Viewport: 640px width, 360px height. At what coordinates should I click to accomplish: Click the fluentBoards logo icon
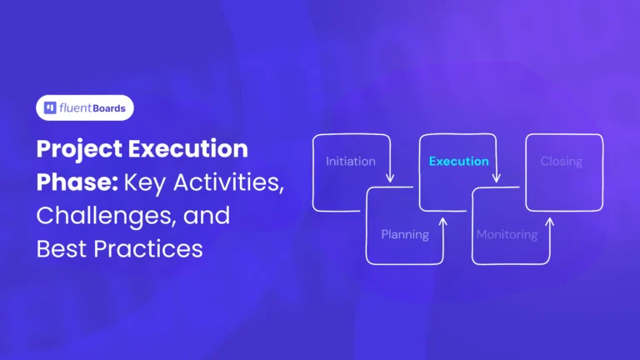tap(51, 108)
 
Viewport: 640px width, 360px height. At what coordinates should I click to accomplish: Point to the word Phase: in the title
tap(69, 184)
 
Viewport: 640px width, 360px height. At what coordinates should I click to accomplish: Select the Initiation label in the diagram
tap(350, 161)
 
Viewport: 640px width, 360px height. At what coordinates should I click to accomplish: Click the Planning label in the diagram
tap(405, 234)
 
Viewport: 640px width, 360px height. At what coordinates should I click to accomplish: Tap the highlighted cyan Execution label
tap(458, 161)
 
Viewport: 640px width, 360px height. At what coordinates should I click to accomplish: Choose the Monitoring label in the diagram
tap(507, 234)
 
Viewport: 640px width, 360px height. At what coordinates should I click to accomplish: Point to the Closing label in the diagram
tap(561, 161)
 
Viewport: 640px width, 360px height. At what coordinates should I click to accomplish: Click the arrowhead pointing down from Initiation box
tap(390, 179)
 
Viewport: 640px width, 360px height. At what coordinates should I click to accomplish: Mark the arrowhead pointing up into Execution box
tap(443, 222)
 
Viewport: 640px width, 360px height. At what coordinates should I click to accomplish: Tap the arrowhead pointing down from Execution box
tap(497, 179)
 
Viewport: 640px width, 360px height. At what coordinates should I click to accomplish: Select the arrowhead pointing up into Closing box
tap(550, 222)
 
